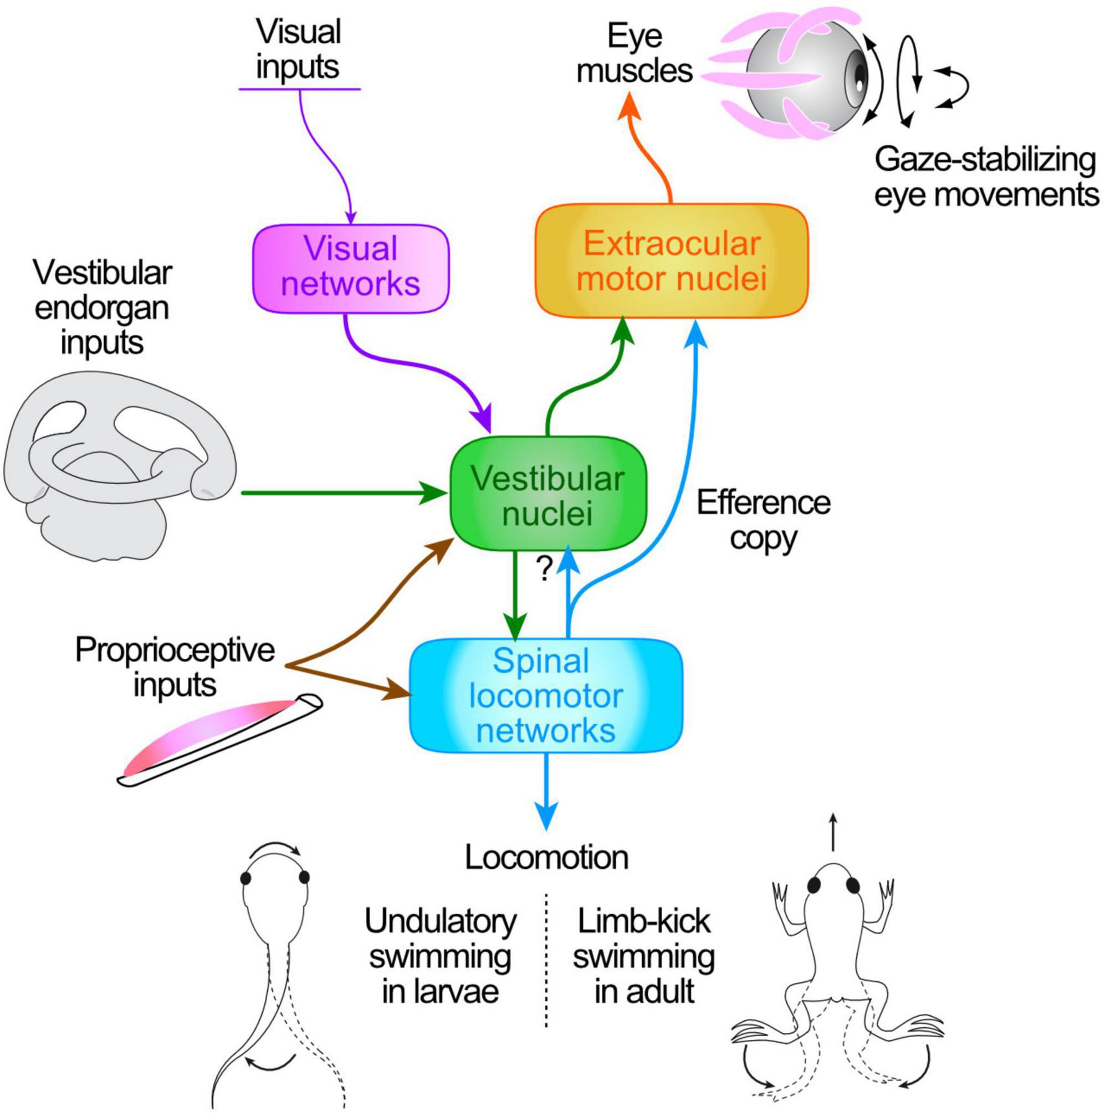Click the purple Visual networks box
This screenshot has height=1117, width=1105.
(x=350, y=267)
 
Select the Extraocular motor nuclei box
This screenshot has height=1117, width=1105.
(x=671, y=262)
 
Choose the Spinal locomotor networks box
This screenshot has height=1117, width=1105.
(x=546, y=695)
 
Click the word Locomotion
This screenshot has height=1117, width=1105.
(x=546, y=857)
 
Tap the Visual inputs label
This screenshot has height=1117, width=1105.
(x=299, y=49)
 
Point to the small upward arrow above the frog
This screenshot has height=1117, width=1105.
(x=833, y=832)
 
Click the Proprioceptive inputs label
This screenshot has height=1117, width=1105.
(x=175, y=667)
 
